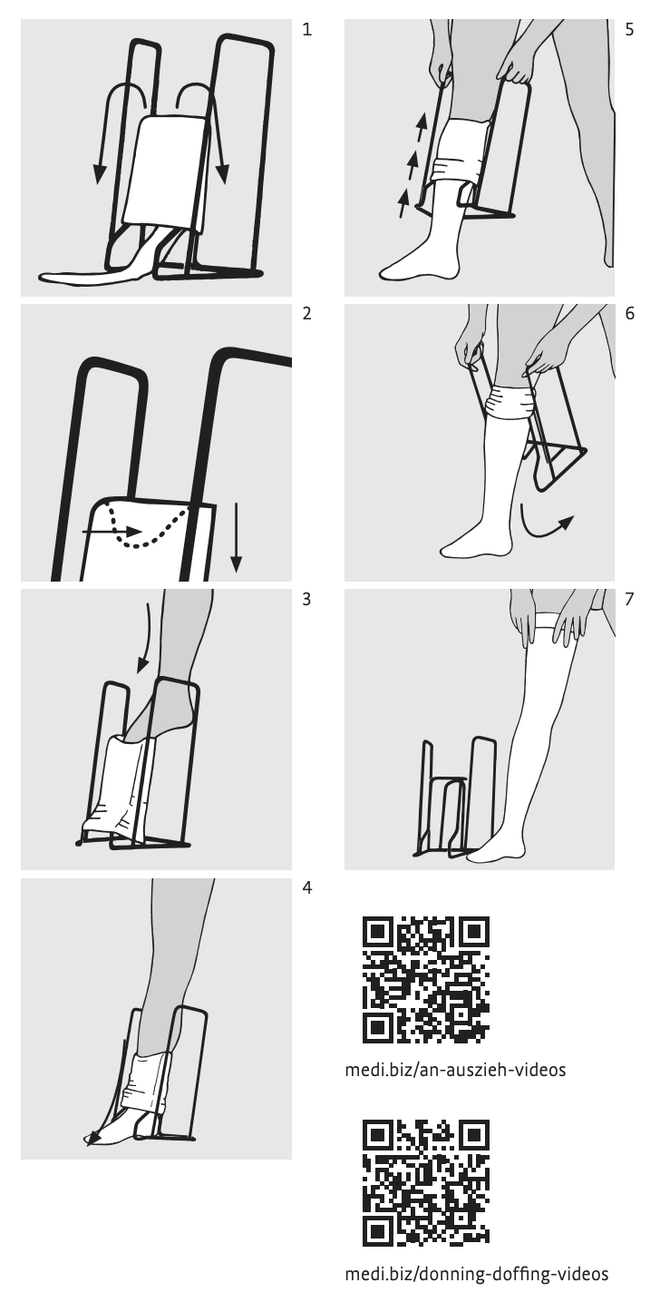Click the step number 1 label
click(307, 29)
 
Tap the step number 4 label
click(307, 888)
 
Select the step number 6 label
click(629, 313)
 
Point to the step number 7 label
click(629, 599)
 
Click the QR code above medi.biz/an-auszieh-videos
click(426, 980)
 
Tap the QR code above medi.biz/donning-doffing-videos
click(426, 1183)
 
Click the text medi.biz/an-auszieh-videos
click(455, 1070)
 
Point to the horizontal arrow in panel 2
click(112, 532)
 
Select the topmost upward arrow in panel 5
click(422, 128)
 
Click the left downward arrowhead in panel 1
click(100, 174)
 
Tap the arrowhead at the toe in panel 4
click(92, 1139)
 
